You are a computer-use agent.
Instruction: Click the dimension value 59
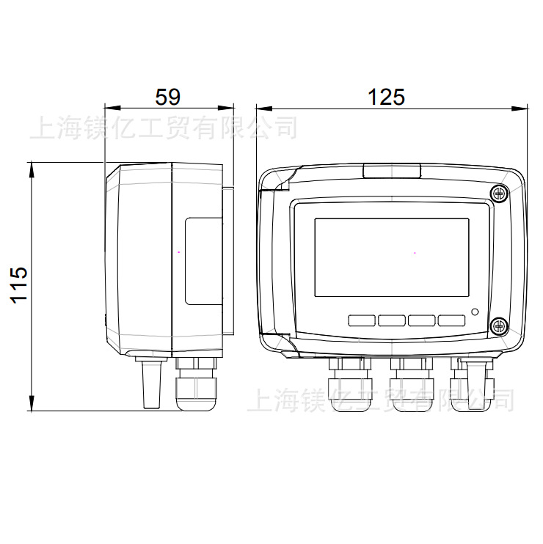168,97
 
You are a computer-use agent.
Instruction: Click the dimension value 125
386,97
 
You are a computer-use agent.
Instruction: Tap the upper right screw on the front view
498,194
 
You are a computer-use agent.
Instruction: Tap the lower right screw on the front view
498,325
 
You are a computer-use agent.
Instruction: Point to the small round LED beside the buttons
475,312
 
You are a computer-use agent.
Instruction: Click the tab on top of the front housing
391,171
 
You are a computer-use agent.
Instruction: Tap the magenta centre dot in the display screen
415,254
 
